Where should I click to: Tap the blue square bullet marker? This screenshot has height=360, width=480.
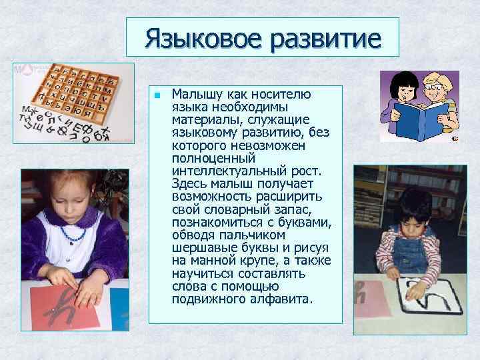pos(156,95)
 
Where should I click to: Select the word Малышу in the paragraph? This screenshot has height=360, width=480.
pos(196,94)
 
